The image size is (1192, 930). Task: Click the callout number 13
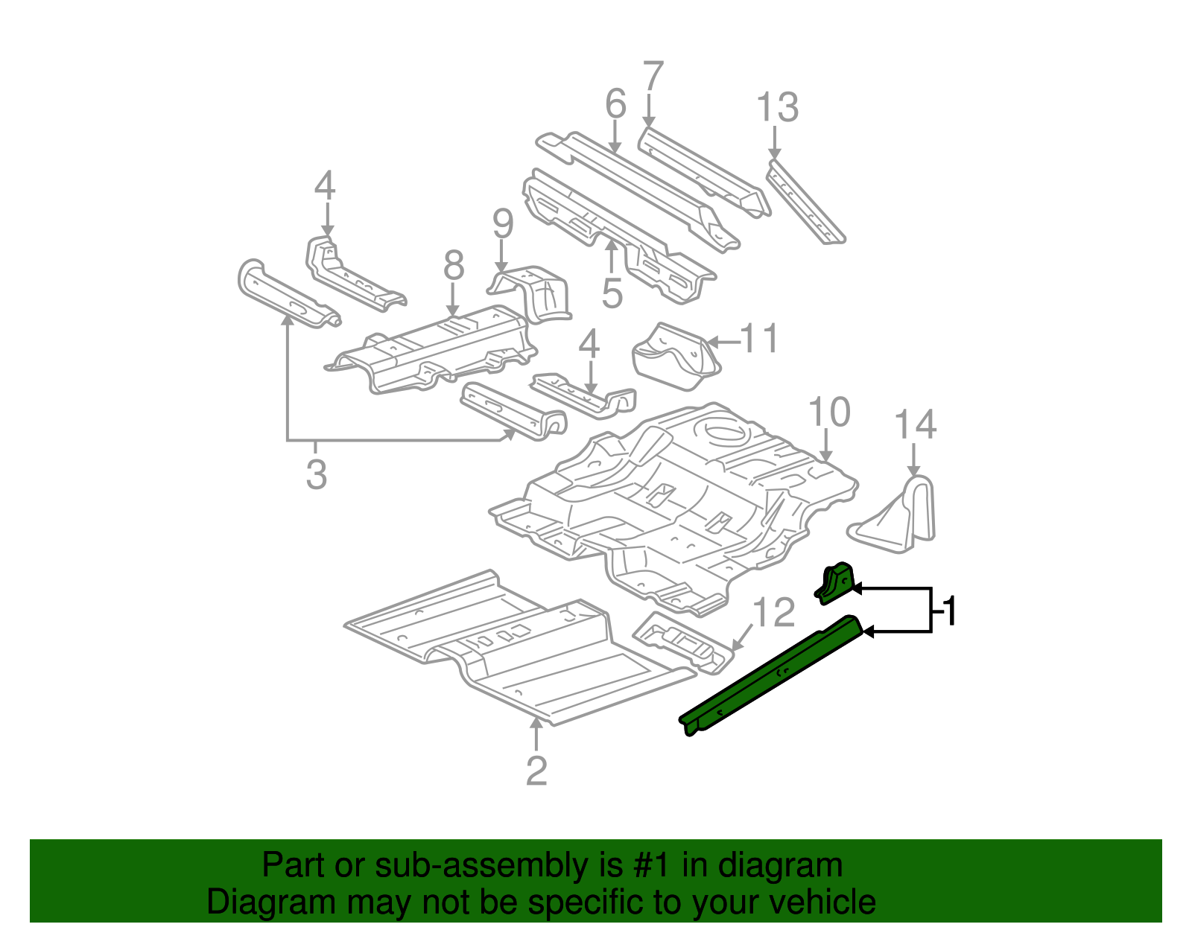pyautogui.click(x=777, y=107)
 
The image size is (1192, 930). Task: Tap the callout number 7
pyautogui.click(x=652, y=77)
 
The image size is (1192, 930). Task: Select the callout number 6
pyautogui.click(x=615, y=103)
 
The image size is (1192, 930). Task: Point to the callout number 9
pyautogui.click(x=503, y=223)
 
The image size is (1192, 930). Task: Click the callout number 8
pyautogui.click(x=453, y=266)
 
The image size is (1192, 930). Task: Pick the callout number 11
pyautogui.click(x=759, y=339)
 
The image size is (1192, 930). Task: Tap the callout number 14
pyautogui.click(x=914, y=425)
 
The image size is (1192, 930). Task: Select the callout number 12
pyautogui.click(x=774, y=613)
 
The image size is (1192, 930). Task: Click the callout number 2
pyautogui.click(x=536, y=771)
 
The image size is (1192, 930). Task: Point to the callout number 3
pyautogui.click(x=316, y=474)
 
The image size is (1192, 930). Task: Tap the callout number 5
pyautogui.click(x=612, y=293)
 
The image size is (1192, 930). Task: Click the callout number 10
pyautogui.click(x=828, y=412)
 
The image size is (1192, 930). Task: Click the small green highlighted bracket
pyautogui.click(x=836, y=582)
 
